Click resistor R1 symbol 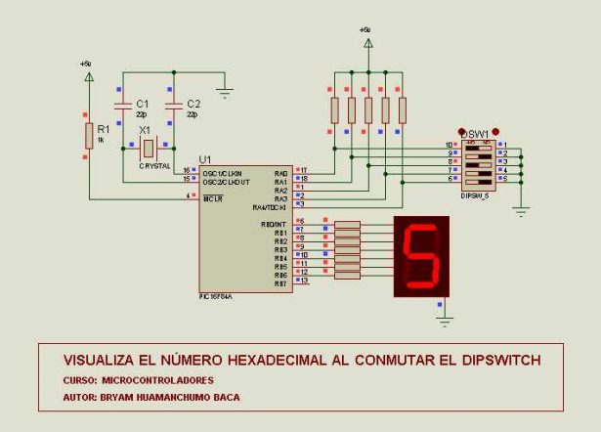pyautogui.click(x=89, y=135)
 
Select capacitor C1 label pyautogui.click(x=142, y=103)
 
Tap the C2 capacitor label pyautogui.click(x=193, y=103)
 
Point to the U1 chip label pyautogui.click(x=204, y=159)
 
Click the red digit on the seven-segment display pyautogui.click(x=421, y=257)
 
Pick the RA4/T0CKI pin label pyautogui.click(x=271, y=206)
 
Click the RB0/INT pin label pyautogui.click(x=274, y=224)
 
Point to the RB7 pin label pyautogui.click(x=280, y=282)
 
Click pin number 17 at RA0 pyautogui.click(x=303, y=171)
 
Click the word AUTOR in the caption pyautogui.click(x=79, y=398)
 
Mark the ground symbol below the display pyautogui.click(x=445, y=319)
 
